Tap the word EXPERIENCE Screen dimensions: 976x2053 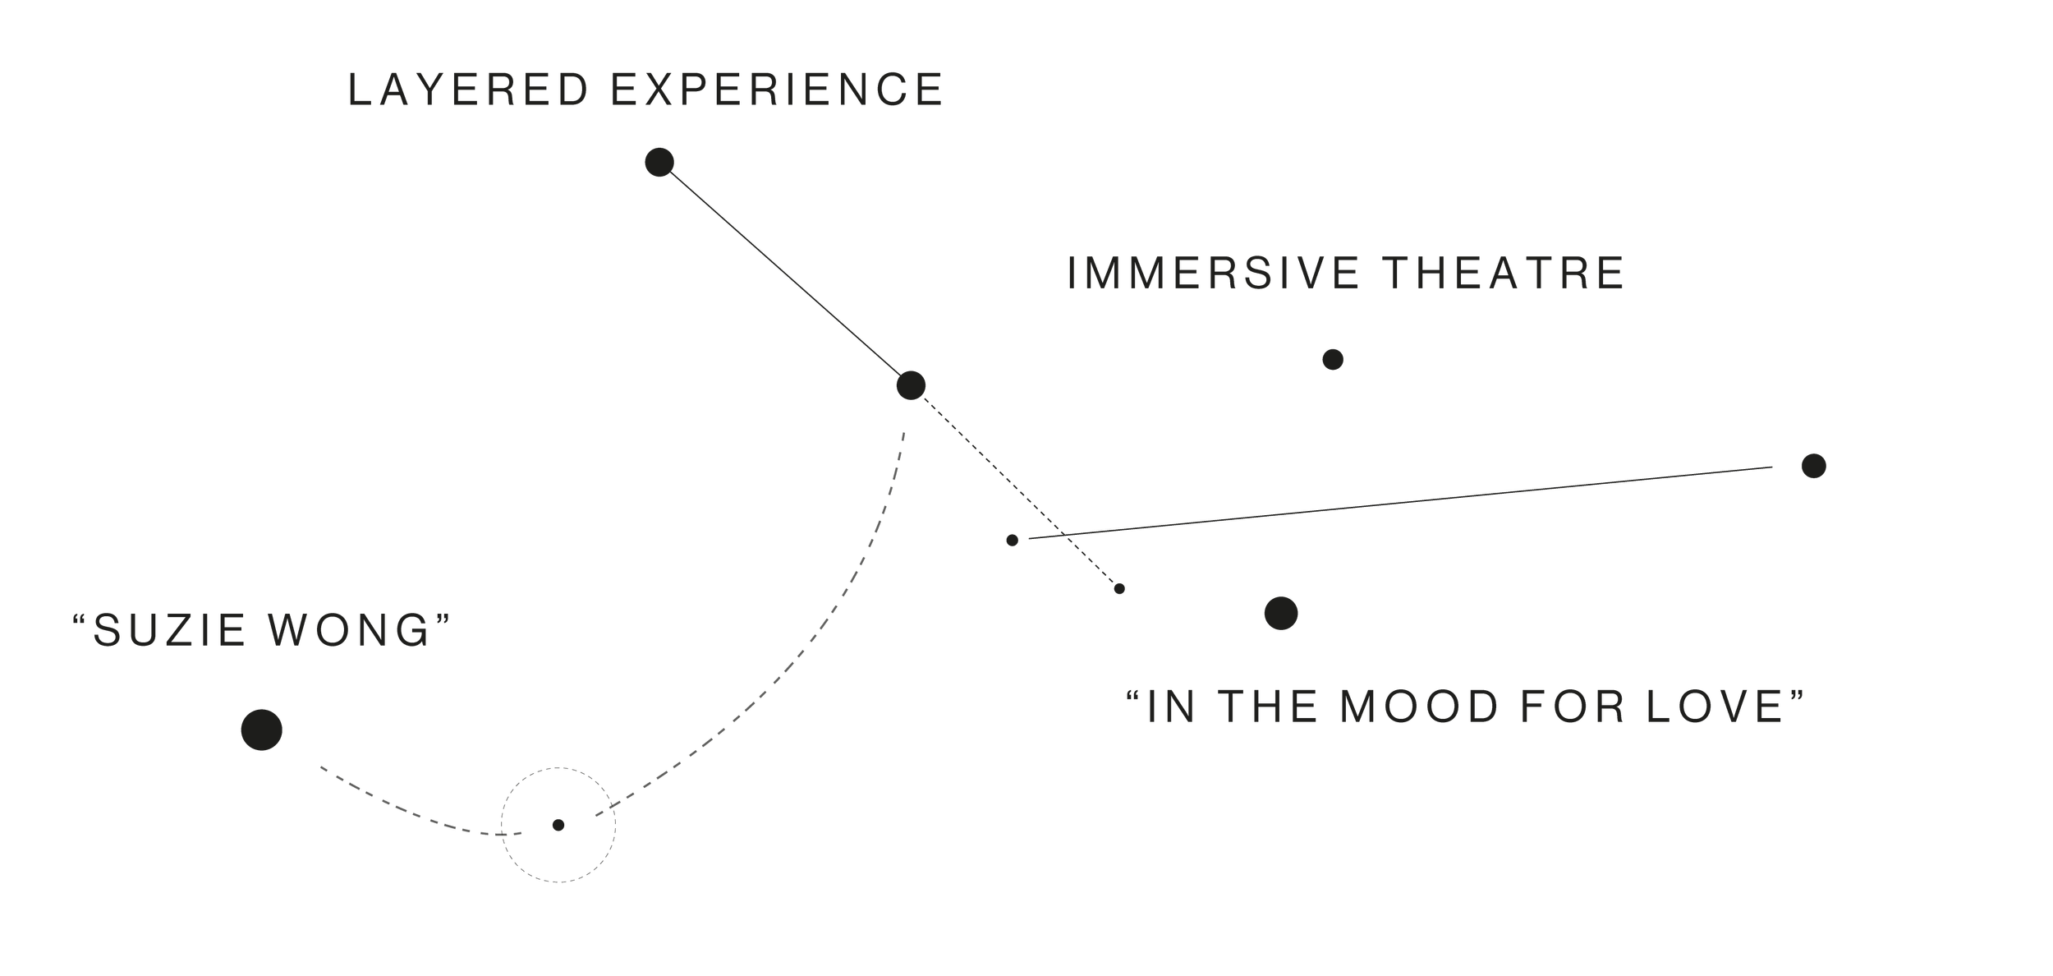pos(777,90)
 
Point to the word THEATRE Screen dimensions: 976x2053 pos(1504,273)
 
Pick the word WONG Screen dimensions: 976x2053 pos(350,631)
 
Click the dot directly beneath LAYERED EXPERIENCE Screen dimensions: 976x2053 pos(659,162)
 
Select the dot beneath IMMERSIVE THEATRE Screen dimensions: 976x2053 pos(1333,359)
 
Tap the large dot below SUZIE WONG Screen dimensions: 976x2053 pos(261,730)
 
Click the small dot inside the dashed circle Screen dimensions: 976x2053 pos(558,825)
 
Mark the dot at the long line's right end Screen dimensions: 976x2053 pos(1813,466)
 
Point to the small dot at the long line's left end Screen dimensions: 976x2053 pos(1012,540)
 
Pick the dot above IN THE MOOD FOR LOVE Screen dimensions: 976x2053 pos(1281,613)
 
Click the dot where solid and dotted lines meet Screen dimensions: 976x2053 pos(911,384)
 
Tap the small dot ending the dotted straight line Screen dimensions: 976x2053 pos(1119,588)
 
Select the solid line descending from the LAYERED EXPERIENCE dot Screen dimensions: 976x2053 pos(784,273)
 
